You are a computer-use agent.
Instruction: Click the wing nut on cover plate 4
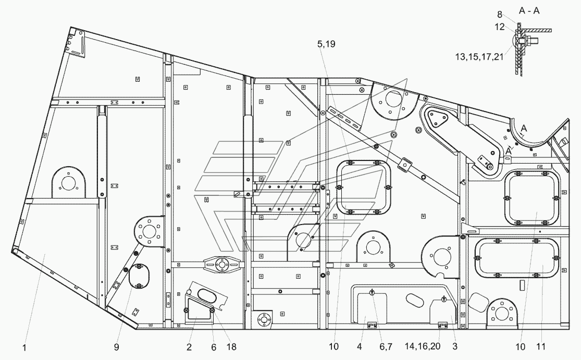tap(372, 293)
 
